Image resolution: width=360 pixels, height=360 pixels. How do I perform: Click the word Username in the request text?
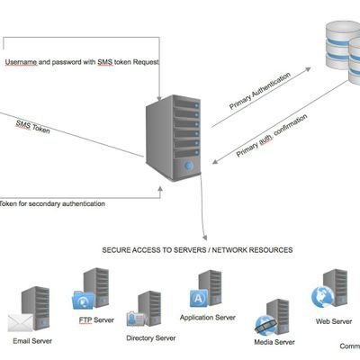(x=20, y=62)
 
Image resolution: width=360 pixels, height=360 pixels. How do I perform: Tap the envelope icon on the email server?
(x=20, y=322)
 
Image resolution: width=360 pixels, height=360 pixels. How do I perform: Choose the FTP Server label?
(x=97, y=319)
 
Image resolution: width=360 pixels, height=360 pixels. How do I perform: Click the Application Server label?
(x=208, y=318)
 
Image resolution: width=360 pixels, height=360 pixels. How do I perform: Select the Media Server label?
(x=274, y=342)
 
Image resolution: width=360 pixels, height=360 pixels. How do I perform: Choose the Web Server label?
(x=334, y=320)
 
